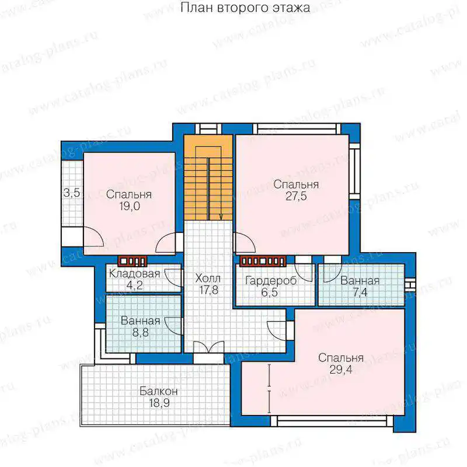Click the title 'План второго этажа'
pyautogui.click(x=245, y=8)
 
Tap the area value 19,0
pyautogui.click(x=130, y=206)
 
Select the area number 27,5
pyautogui.click(x=296, y=196)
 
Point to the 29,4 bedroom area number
pyautogui.click(x=341, y=370)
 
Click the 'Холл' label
pyautogui.click(x=208, y=278)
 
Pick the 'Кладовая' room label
pyautogui.click(x=135, y=273)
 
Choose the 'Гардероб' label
pyautogui.click(x=271, y=281)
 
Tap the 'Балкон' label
pyautogui.click(x=159, y=391)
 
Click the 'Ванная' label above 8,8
pyautogui.click(x=141, y=320)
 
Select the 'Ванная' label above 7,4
pyautogui.click(x=360, y=281)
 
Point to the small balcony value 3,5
pyautogui.click(x=72, y=193)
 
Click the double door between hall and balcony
pyautogui.click(x=208, y=347)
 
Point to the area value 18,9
pyautogui.click(x=159, y=403)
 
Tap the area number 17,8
pyautogui.click(x=209, y=290)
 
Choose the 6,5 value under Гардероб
pyautogui.click(x=270, y=292)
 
